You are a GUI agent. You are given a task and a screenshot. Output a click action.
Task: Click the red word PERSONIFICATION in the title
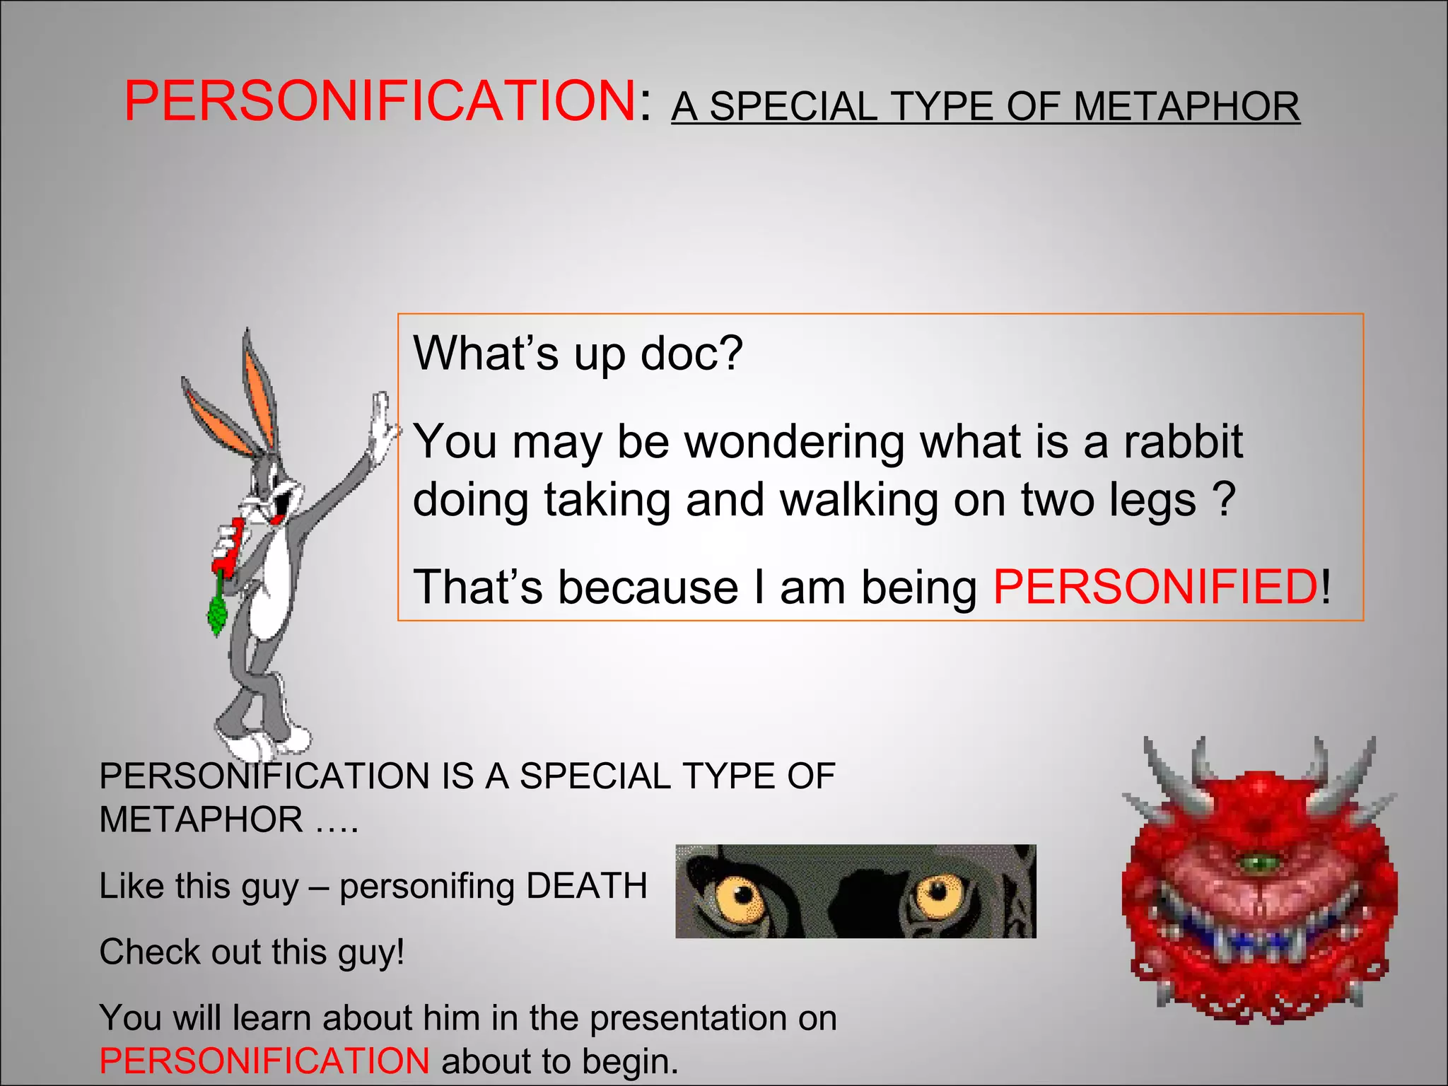(380, 100)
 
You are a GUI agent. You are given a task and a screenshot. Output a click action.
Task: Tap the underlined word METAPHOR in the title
(1186, 107)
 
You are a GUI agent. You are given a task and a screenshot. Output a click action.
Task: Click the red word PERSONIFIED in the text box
(1155, 587)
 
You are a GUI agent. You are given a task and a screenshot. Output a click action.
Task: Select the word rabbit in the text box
(1183, 442)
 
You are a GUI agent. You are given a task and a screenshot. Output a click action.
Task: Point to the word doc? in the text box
(691, 353)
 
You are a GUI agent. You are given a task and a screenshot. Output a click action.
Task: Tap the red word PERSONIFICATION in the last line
(264, 1061)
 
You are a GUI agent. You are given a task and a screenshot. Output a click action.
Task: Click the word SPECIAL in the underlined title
(793, 107)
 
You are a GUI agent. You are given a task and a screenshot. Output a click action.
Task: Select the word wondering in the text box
(795, 442)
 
